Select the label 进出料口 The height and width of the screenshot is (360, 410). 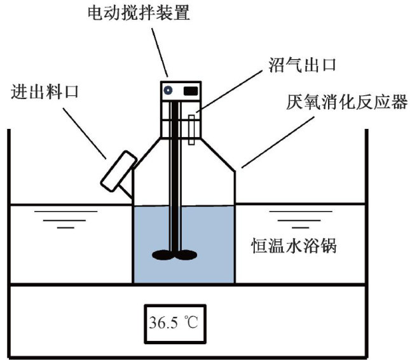coord(45,92)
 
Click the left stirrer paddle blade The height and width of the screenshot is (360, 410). coord(161,255)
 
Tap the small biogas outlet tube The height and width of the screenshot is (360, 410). coord(191,130)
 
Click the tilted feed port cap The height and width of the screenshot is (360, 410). coord(118,170)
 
